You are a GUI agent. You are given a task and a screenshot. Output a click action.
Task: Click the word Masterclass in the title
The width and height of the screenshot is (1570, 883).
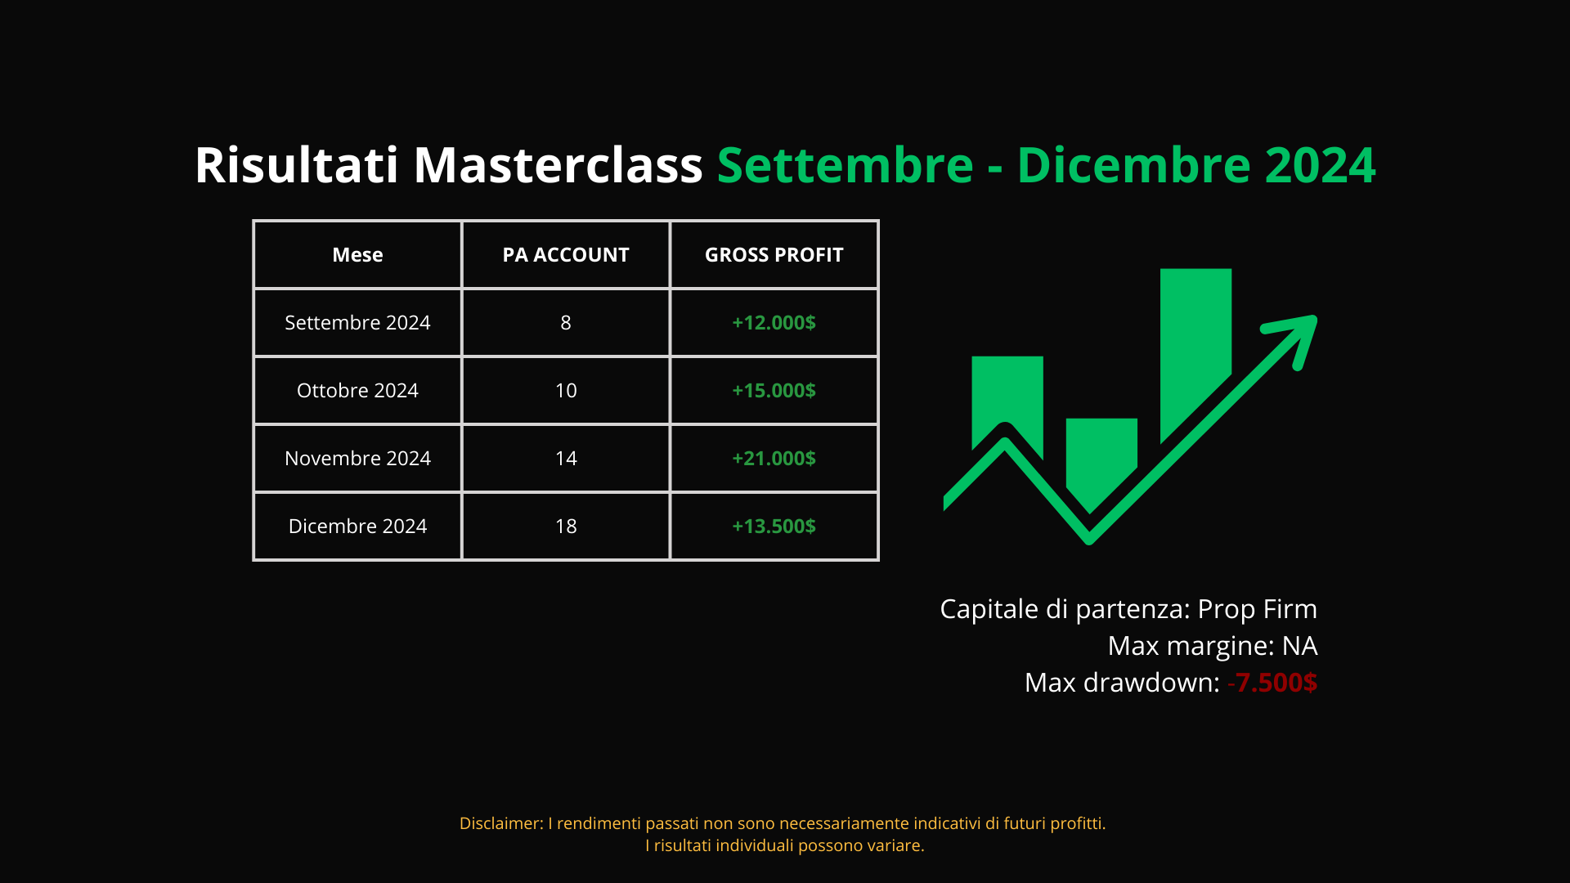pos(558,165)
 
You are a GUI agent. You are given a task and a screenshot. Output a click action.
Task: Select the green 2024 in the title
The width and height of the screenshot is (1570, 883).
pos(1320,165)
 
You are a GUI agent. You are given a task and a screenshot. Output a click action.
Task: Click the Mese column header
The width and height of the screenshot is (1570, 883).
pos(357,255)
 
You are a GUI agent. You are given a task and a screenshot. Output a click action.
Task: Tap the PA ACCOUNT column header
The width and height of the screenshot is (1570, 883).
pos(566,255)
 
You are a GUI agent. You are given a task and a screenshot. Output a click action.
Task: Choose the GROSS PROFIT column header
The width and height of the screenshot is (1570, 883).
pos(774,255)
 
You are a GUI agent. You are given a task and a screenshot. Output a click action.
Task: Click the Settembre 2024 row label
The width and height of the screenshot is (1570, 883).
pos(357,323)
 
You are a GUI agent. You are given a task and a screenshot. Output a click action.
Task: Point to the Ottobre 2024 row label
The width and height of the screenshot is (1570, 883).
pos(357,391)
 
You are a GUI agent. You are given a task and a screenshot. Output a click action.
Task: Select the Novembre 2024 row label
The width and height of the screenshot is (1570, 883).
pos(357,459)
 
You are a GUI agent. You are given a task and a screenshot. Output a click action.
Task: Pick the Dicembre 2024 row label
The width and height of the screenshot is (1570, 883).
pos(357,527)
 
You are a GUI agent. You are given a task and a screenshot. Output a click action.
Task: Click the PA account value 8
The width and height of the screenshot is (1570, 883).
pos(566,323)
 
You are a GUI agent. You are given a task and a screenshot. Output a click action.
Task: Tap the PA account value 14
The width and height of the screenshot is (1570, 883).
pos(566,459)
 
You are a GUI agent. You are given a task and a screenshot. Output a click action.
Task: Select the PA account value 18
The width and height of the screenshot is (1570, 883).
pos(566,527)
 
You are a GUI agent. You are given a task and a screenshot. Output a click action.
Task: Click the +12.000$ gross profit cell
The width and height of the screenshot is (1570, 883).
pos(774,323)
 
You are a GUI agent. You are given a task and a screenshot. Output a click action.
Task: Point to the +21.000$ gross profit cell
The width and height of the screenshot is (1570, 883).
pos(774,459)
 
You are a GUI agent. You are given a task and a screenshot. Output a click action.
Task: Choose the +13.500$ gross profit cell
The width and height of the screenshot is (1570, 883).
pos(774,527)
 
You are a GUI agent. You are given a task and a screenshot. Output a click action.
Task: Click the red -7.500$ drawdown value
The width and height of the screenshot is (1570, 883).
pos(1272,683)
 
